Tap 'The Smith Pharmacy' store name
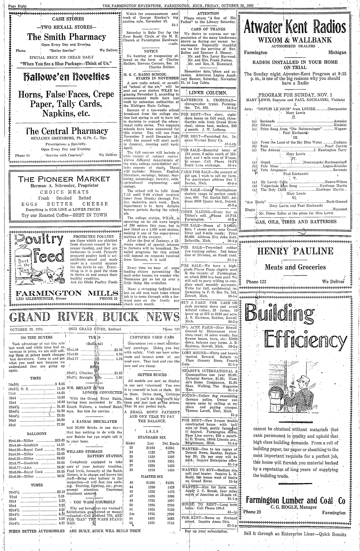(66, 37)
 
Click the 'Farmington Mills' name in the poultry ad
(66, 293)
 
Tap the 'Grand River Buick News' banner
(94, 317)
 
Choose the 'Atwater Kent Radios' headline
(295, 28)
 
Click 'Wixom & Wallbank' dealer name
(295, 40)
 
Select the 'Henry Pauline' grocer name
(295, 251)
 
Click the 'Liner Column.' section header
(209, 93)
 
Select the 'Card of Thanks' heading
(209, 29)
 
